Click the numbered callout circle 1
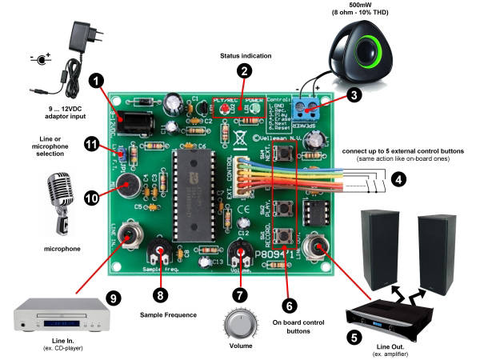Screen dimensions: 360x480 (97, 81)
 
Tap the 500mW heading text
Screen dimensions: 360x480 (369, 6)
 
